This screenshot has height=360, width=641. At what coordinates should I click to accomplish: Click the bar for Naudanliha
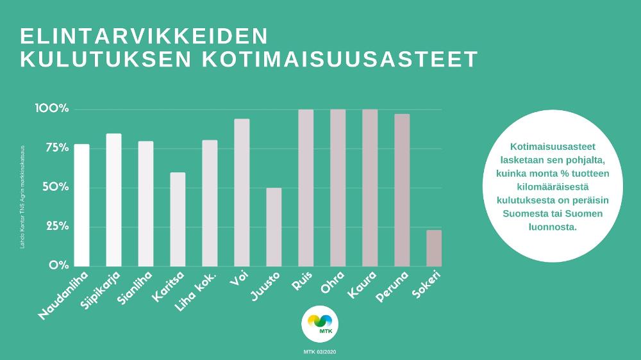(82, 205)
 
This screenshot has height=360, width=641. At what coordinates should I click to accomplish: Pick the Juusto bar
(274, 227)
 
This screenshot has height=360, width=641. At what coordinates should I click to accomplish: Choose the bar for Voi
(242, 192)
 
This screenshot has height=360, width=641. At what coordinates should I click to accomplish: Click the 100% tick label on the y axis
(52, 108)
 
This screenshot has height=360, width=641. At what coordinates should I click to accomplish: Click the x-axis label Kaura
(363, 285)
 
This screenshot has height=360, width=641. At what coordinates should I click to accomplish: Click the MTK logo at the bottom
(320, 324)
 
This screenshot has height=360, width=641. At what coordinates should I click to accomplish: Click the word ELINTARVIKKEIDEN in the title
(144, 36)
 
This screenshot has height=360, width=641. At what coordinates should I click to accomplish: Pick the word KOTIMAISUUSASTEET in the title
(340, 59)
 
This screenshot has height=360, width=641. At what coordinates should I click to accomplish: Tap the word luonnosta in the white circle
(553, 227)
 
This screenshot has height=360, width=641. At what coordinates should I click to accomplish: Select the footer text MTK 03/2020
(320, 352)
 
